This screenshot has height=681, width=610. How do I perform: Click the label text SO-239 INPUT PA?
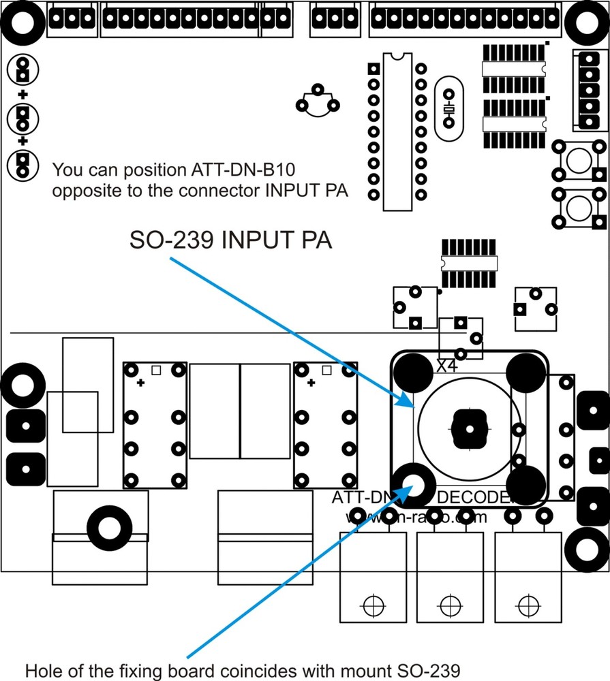(x=230, y=241)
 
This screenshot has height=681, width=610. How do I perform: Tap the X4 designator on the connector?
(x=447, y=366)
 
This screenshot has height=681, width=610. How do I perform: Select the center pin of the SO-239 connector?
(x=470, y=429)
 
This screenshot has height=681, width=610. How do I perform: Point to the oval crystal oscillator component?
(x=448, y=108)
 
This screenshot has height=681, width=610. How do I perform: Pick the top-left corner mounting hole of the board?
(x=23, y=22)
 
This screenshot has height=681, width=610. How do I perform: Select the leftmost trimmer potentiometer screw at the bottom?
(x=372, y=604)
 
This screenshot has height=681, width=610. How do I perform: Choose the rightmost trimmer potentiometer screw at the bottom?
(x=525, y=604)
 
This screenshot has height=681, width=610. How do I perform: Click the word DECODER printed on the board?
(x=474, y=498)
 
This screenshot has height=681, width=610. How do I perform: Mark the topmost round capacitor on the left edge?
(x=22, y=69)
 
